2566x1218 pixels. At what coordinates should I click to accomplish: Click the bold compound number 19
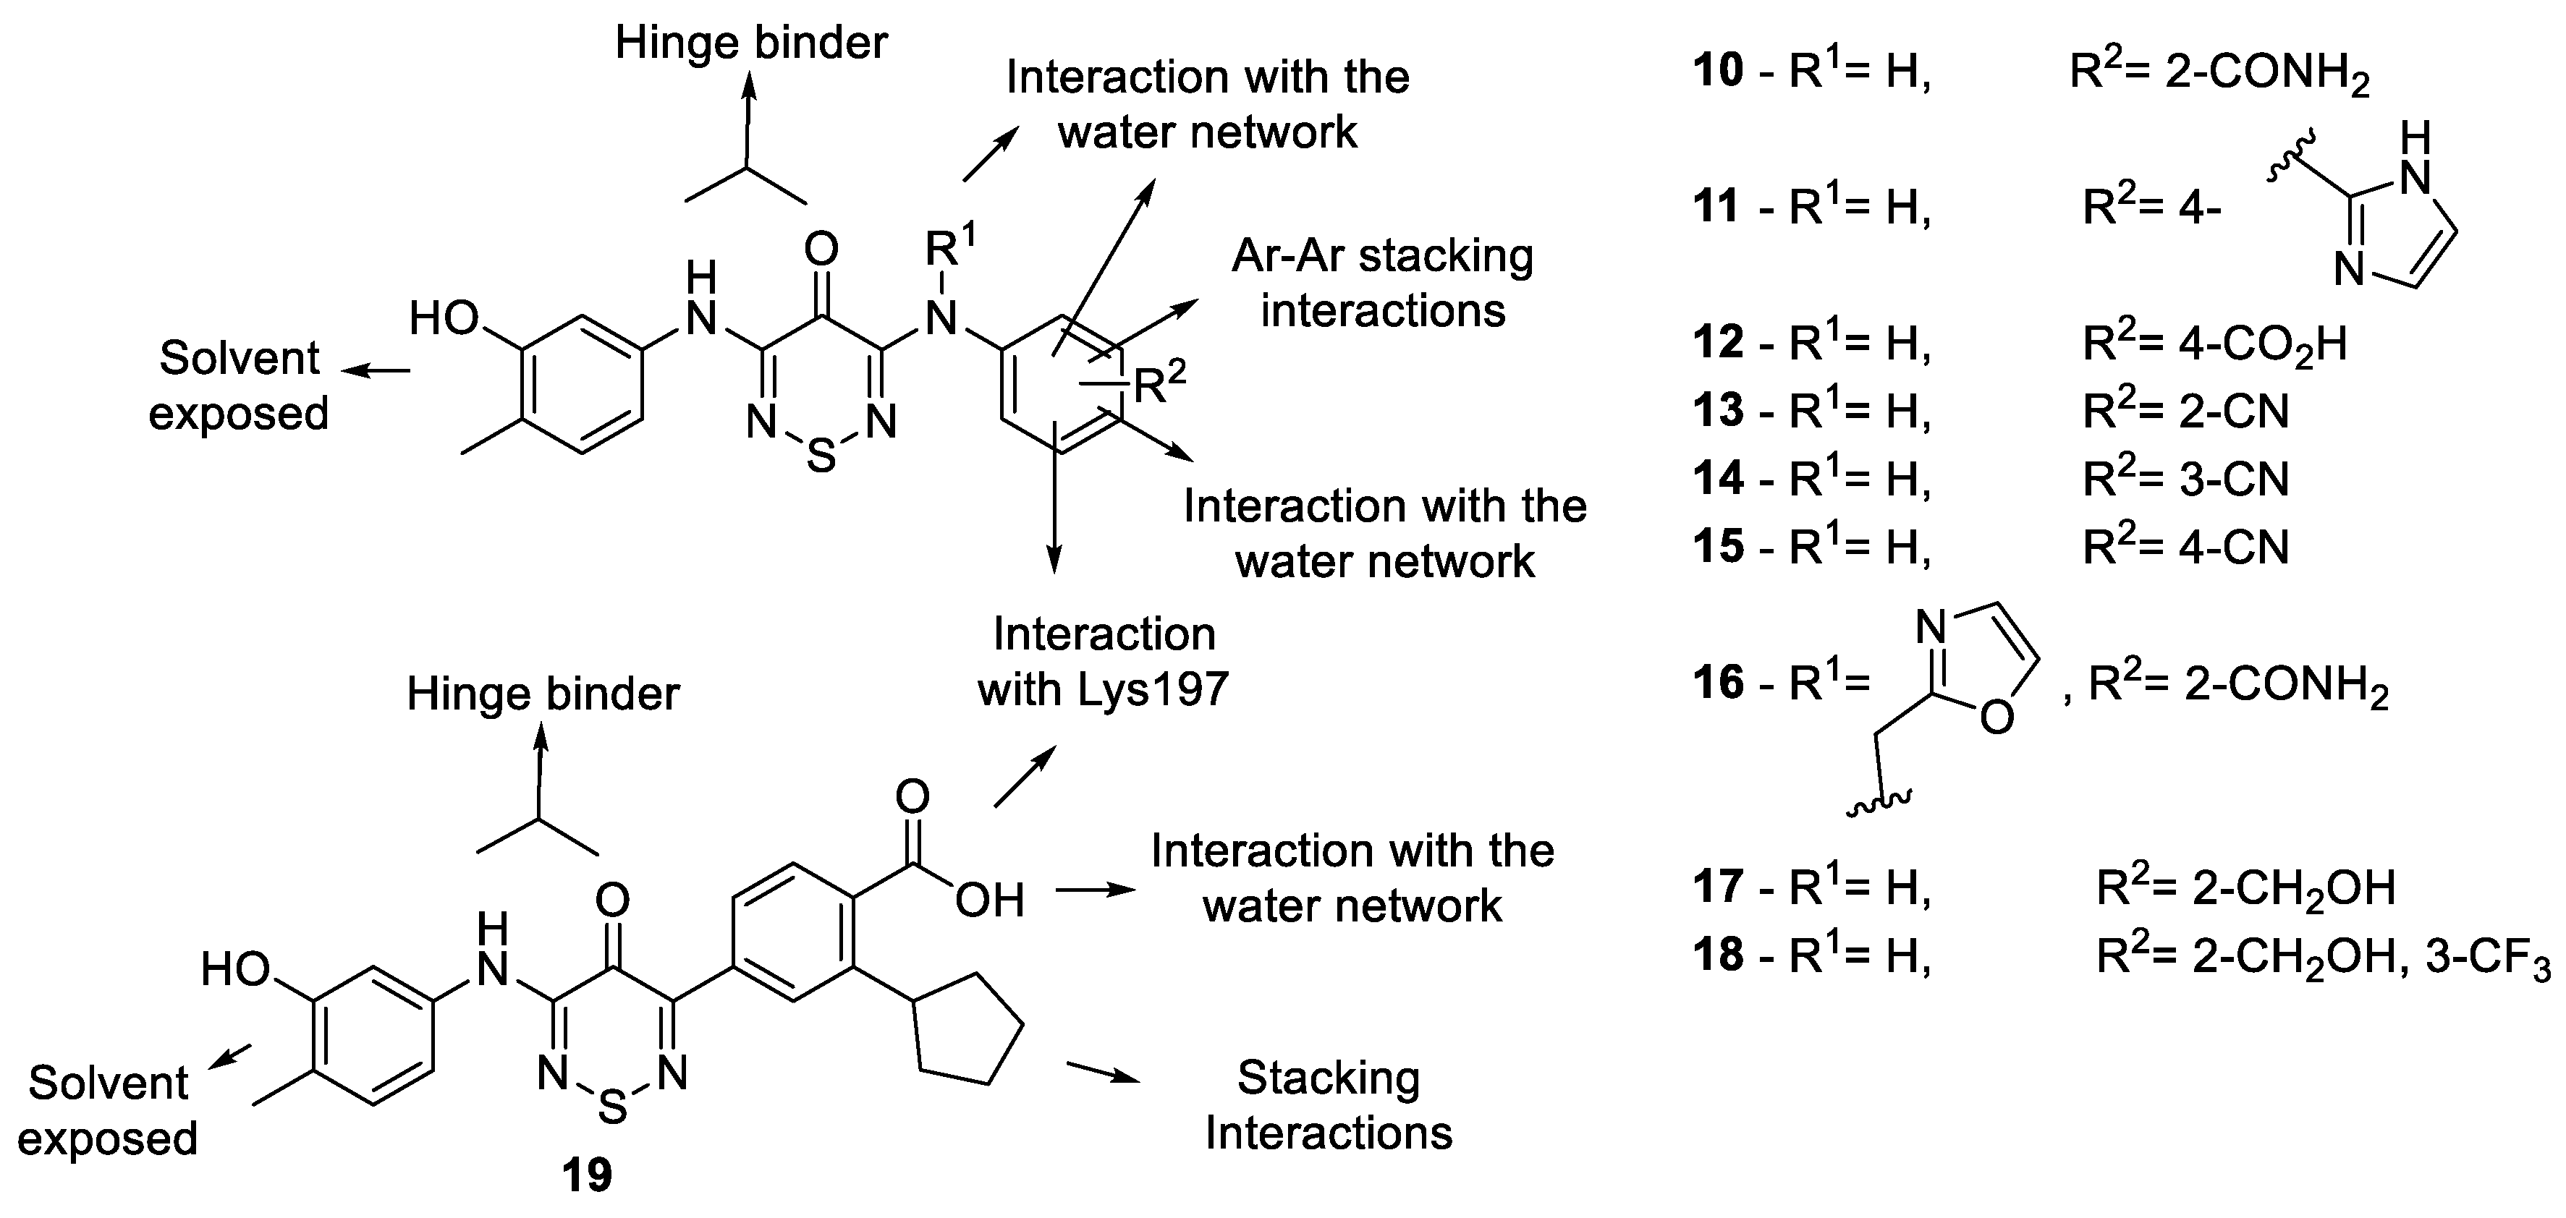coord(587,1176)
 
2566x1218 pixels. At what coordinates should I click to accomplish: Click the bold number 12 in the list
coord(1719,343)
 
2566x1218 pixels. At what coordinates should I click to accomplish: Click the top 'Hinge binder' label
coord(751,43)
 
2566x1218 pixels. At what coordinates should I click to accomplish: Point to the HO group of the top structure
coord(445,320)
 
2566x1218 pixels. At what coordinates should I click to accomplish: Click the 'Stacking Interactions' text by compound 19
coord(1328,1105)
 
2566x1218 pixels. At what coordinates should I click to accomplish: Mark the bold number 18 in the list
coord(1719,954)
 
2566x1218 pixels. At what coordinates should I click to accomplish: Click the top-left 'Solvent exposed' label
coord(238,386)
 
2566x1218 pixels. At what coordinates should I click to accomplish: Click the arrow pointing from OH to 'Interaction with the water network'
coord(1095,890)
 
